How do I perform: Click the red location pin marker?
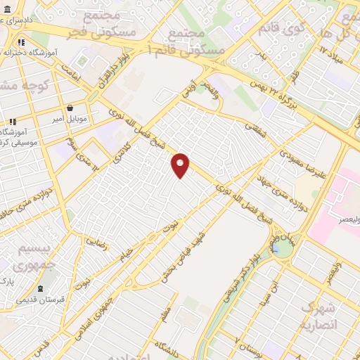[x=181, y=164]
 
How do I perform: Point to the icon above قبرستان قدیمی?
[x=42, y=288]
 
